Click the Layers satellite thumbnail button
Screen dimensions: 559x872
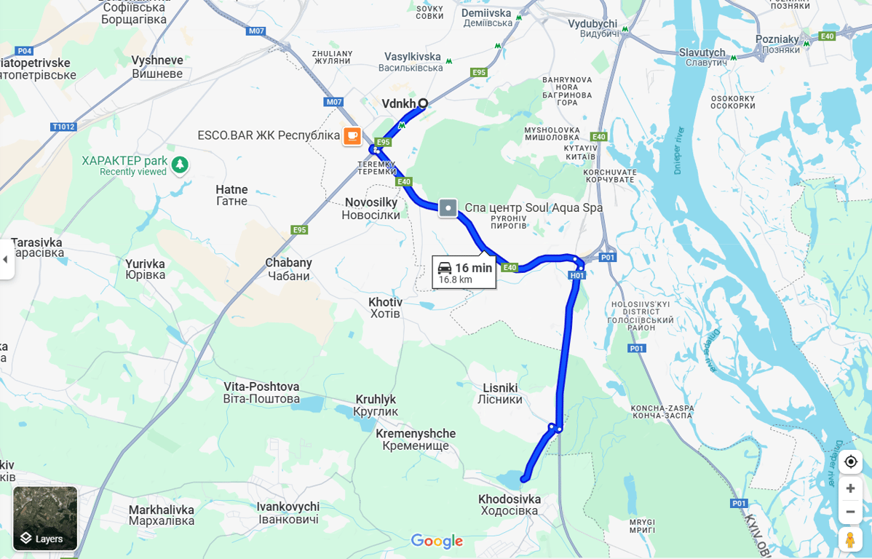click(x=45, y=518)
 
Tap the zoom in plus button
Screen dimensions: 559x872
click(x=850, y=488)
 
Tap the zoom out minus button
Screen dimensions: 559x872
click(x=850, y=511)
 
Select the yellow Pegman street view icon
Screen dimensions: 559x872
click(x=850, y=539)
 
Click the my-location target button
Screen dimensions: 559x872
click(x=850, y=461)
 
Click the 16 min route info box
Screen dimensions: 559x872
click(x=464, y=272)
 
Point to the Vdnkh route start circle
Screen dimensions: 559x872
click(x=422, y=103)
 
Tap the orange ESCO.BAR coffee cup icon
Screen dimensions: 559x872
click(x=352, y=136)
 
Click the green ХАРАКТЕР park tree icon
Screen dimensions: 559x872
click(x=180, y=165)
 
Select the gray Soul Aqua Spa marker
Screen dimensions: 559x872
click(x=448, y=208)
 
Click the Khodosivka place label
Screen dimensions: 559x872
click(x=510, y=504)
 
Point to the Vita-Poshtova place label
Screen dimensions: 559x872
click(x=261, y=392)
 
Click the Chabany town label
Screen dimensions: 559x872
click(x=288, y=269)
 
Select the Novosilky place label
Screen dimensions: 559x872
click(x=370, y=208)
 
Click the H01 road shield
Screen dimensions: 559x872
click(x=576, y=275)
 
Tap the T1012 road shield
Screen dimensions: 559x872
click(x=63, y=127)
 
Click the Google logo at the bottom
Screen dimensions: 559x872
click(x=437, y=541)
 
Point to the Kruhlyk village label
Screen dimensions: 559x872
click(x=376, y=405)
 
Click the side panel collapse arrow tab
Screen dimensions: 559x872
click(x=6, y=259)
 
